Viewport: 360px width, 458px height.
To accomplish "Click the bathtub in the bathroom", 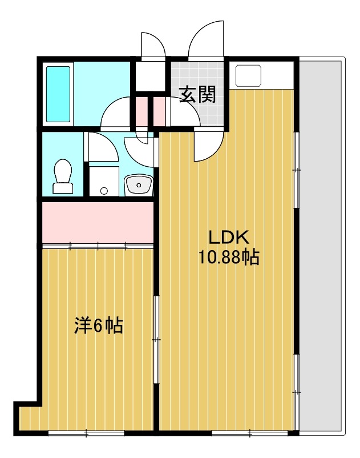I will tap(58, 94).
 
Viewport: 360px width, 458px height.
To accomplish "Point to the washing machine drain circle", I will tap(104, 191).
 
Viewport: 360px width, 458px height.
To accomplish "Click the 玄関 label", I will tap(198, 95).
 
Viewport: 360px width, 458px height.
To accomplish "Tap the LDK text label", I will tap(228, 237).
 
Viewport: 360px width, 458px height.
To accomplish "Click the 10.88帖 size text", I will tap(228, 258).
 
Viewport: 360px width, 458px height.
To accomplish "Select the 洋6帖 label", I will tap(99, 326).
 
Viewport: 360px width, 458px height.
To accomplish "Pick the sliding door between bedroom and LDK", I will tap(156, 340).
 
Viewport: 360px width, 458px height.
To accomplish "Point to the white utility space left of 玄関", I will tap(149, 75).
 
